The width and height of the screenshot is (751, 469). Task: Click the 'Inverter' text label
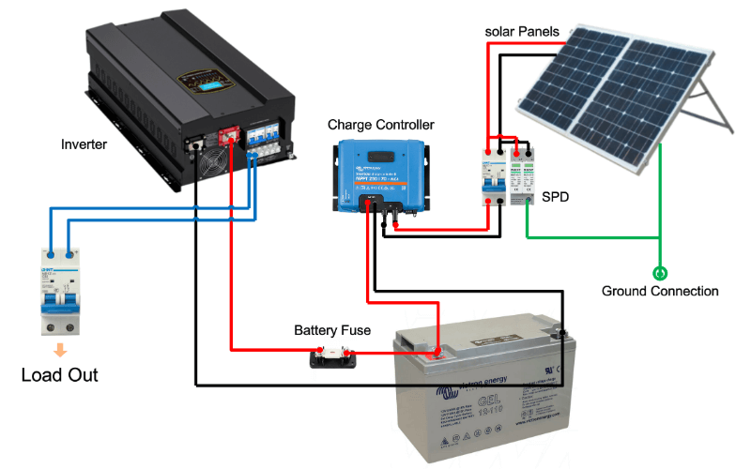coord(84,144)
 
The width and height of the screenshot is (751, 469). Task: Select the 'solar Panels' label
coord(522,32)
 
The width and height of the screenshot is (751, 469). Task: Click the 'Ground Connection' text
coord(660,291)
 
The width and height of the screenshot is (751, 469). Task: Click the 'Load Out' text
coord(60,375)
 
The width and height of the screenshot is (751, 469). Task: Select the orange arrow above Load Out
coord(60,351)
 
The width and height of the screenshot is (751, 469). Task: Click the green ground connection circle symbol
coord(660,273)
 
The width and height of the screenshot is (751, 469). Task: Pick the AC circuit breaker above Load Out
coord(60,290)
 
